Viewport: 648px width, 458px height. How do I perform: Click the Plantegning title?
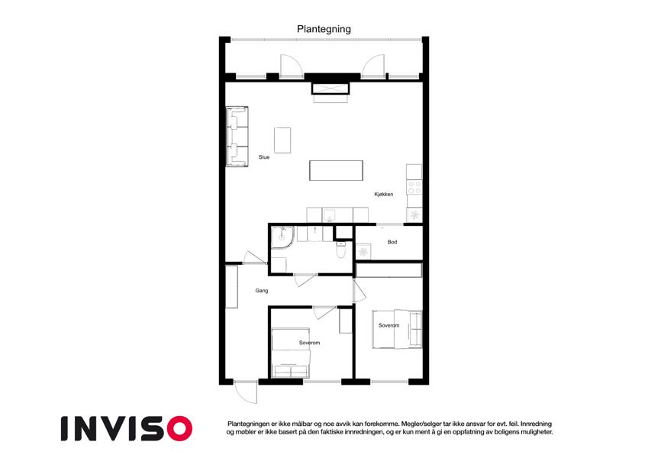click(324, 29)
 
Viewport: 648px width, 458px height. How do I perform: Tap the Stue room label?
click(264, 157)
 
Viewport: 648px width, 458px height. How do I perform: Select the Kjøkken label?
click(384, 195)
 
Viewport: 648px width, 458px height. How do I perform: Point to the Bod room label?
click(392, 242)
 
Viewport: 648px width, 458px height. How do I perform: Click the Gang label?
click(262, 291)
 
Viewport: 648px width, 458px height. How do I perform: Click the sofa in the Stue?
click(237, 137)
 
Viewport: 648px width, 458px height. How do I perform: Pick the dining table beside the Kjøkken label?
click(337, 170)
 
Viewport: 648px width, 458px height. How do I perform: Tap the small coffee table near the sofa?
click(282, 140)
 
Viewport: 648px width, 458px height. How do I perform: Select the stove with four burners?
click(414, 187)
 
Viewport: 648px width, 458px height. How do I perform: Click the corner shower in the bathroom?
click(282, 237)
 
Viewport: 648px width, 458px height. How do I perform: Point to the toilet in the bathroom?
click(340, 250)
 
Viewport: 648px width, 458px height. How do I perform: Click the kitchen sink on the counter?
click(330, 215)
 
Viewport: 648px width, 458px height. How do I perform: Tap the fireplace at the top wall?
click(330, 89)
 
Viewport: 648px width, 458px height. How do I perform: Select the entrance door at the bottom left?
click(246, 392)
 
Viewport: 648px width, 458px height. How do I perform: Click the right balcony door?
click(373, 66)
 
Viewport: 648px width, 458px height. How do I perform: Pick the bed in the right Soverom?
click(397, 329)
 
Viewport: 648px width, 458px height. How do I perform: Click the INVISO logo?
click(127, 429)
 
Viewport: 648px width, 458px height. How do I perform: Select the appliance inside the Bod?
click(363, 251)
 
